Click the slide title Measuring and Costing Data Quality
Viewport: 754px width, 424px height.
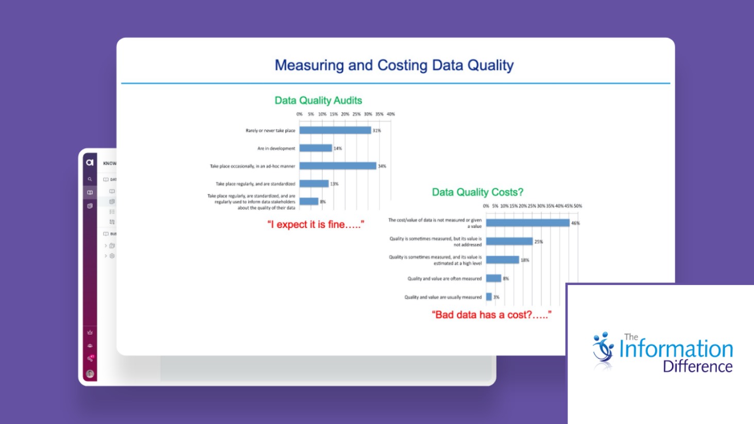click(394, 65)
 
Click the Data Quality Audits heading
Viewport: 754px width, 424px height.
click(318, 100)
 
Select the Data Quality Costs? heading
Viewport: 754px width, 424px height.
click(477, 192)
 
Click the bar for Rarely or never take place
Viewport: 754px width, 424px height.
click(335, 130)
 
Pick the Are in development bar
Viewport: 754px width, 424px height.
click(316, 148)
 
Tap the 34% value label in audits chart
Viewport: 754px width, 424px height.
click(382, 166)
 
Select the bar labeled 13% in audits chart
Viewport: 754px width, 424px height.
click(314, 184)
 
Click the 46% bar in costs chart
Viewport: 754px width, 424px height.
click(527, 223)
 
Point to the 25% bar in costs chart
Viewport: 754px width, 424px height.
click(509, 241)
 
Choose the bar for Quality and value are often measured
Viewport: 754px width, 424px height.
click(493, 278)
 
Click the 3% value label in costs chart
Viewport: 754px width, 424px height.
click(496, 297)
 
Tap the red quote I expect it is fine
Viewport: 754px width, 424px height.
click(316, 224)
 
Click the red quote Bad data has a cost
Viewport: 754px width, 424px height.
click(491, 314)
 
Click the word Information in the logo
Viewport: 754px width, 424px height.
click(676, 349)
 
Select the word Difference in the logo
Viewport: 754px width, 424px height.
click(697, 366)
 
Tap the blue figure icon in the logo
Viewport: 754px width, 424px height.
click(603, 350)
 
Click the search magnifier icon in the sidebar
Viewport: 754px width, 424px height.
click(90, 179)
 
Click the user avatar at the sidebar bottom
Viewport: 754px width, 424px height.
click(90, 374)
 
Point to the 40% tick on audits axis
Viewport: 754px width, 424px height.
click(391, 114)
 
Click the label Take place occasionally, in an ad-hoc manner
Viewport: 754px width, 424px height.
click(252, 166)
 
